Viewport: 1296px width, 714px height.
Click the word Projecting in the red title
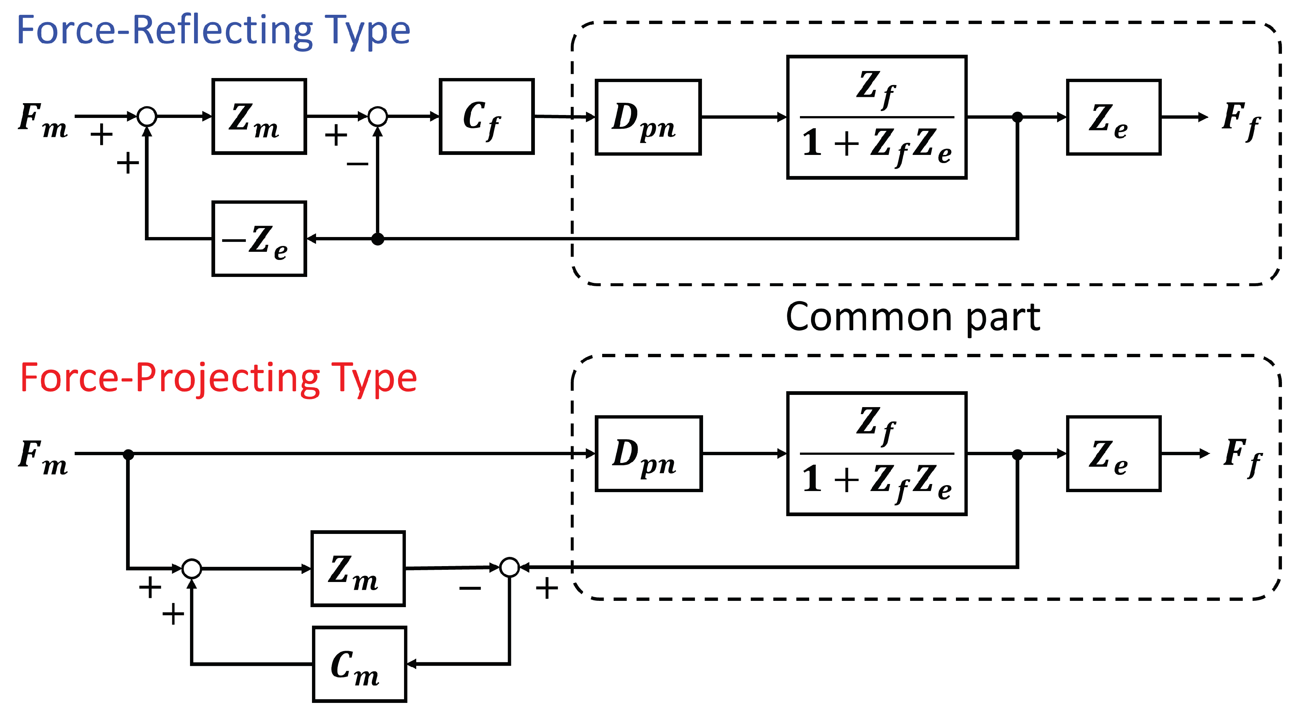(227, 378)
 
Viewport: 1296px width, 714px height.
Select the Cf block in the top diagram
(486, 116)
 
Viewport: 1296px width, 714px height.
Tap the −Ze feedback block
(259, 239)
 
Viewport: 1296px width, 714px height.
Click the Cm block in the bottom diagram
(359, 664)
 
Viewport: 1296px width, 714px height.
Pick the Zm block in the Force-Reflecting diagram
(259, 116)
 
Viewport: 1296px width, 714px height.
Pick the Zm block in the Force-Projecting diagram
(358, 569)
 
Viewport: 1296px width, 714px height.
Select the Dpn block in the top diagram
(648, 117)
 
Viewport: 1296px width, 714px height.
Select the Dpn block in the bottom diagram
(648, 453)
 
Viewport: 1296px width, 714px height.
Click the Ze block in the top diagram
(1113, 117)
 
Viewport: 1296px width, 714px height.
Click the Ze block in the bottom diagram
(1113, 453)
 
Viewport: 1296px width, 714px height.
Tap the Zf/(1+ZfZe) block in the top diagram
(876, 117)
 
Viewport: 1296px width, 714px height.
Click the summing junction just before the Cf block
(377, 116)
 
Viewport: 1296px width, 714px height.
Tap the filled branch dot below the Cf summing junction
(377, 239)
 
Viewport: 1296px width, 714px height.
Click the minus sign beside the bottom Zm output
(470, 588)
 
